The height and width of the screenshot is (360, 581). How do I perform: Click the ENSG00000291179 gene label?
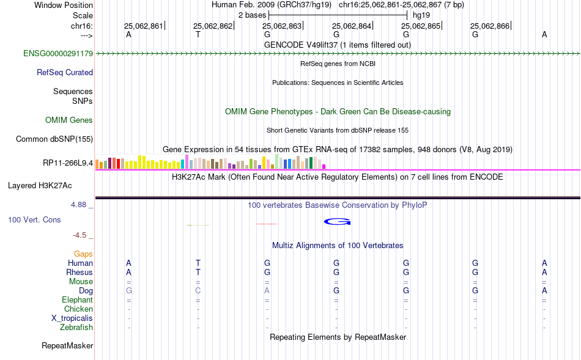pyautogui.click(x=58, y=53)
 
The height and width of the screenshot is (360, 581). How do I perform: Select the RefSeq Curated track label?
pyautogui.click(x=65, y=72)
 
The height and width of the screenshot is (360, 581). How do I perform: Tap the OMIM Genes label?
pyautogui.click(x=69, y=120)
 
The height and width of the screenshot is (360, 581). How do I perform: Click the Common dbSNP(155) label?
pyautogui.click(x=54, y=139)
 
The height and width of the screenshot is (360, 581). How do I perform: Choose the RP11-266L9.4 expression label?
pyautogui.click(x=68, y=163)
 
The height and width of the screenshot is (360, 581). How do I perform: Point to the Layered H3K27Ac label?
pyautogui.click(x=40, y=186)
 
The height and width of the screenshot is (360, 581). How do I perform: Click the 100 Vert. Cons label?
pyautogui.click(x=34, y=219)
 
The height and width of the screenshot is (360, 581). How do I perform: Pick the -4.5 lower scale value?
pyautogui.click(x=80, y=235)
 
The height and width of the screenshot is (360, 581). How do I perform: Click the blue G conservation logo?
pyautogui.click(x=337, y=221)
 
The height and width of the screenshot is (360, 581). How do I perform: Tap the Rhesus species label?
pyautogui.click(x=80, y=272)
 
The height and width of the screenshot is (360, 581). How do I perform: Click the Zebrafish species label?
pyautogui.click(x=76, y=328)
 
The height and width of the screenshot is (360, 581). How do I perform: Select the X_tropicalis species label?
pyautogui.click(x=72, y=318)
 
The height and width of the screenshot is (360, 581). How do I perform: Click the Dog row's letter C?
pyautogui.click(x=198, y=291)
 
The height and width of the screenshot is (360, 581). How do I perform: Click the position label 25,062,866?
pyautogui.click(x=490, y=26)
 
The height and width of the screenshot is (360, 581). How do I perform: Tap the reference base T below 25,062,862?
pyautogui.click(x=198, y=34)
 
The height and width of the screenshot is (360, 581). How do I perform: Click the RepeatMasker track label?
pyautogui.click(x=67, y=345)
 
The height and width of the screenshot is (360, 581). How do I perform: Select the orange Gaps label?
pyautogui.click(x=83, y=254)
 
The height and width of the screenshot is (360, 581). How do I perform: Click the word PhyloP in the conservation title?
pyautogui.click(x=414, y=205)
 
